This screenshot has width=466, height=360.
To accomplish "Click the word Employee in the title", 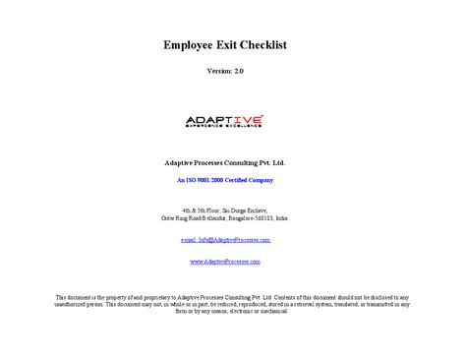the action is (189, 45).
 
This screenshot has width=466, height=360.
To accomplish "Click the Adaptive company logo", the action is (224, 121).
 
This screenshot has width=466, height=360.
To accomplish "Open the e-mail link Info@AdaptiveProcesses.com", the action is (225, 239).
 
